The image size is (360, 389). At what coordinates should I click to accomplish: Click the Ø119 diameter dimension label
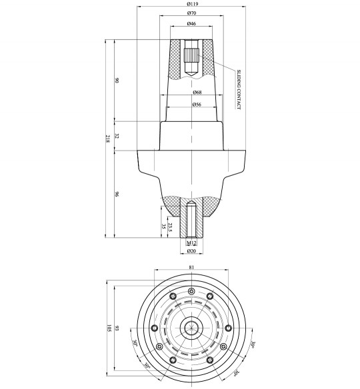click(x=191, y=4)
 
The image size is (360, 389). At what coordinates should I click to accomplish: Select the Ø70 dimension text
click(x=191, y=13)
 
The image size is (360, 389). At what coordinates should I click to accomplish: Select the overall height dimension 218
click(x=108, y=139)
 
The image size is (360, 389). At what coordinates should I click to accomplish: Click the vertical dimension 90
click(x=117, y=81)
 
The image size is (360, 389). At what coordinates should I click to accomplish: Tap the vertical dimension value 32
click(x=117, y=135)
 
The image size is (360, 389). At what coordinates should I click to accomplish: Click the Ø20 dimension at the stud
click(x=191, y=252)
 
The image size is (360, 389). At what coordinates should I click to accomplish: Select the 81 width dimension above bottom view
click(x=191, y=267)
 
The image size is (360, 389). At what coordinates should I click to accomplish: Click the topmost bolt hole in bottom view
click(x=191, y=290)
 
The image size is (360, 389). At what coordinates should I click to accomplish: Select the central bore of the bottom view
click(x=191, y=327)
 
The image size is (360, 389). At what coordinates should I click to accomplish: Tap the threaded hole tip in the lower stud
click(x=191, y=205)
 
